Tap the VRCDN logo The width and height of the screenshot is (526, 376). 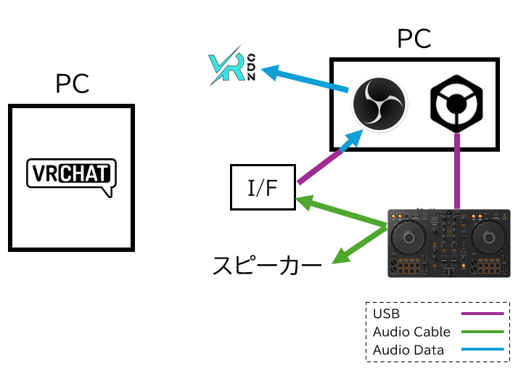230,69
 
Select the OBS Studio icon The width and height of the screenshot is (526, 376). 379,105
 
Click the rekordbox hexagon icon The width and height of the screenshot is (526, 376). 456,105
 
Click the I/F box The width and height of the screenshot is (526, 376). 263,187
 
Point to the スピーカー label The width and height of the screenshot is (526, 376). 267,265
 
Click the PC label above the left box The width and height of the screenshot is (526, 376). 72,84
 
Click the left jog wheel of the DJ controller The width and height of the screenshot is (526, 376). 409,237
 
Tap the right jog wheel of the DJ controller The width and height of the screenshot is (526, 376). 492,237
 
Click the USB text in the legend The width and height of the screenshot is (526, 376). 387,314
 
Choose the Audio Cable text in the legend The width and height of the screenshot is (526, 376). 411,332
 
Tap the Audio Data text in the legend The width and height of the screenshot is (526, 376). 408,350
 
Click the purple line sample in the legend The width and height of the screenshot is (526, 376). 482,314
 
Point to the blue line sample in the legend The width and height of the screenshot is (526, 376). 482,350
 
